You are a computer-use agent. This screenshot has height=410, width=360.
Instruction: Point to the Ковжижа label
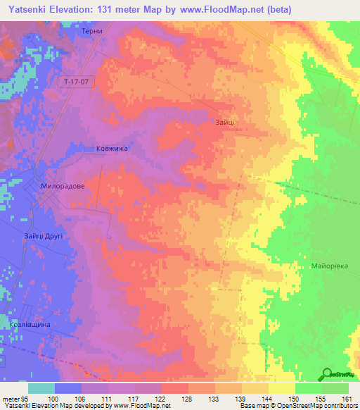(100, 149)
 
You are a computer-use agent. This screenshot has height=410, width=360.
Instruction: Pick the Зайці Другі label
(43, 236)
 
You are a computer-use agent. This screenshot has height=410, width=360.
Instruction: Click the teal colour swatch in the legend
(41, 388)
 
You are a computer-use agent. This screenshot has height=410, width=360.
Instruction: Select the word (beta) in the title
(276, 8)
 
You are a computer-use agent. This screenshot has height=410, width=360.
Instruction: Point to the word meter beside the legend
(11, 399)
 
